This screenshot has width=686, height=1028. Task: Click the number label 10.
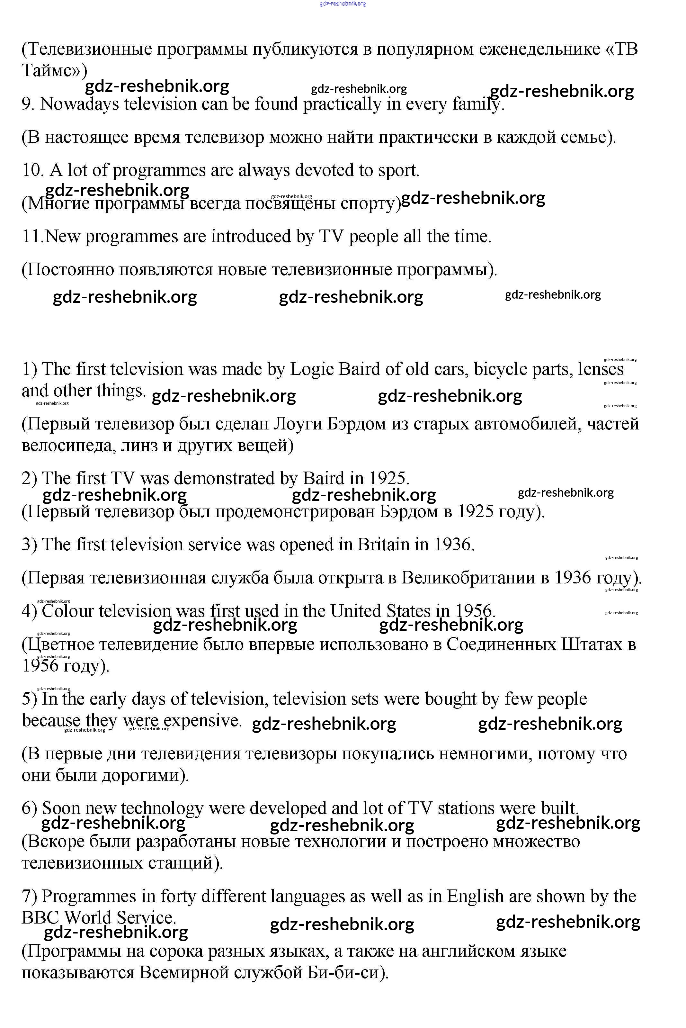(x=32, y=170)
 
